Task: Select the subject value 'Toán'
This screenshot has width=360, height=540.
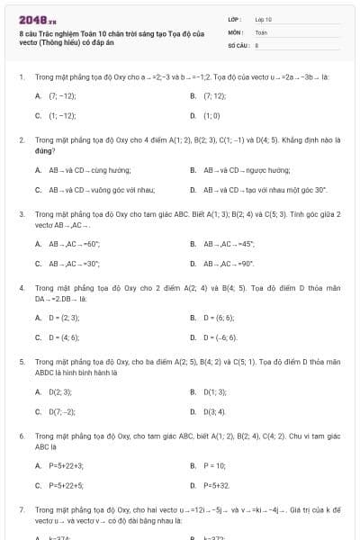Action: coord(261,31)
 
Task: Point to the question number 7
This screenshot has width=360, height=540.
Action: coord(21,509)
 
